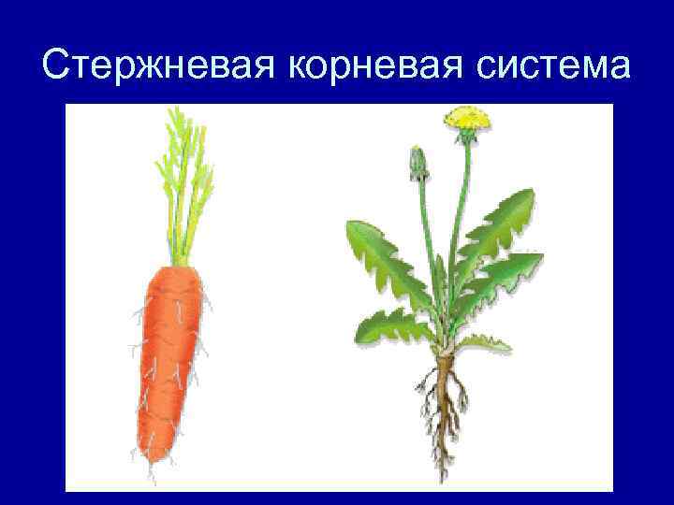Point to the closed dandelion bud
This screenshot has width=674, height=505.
tap(418, 163)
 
